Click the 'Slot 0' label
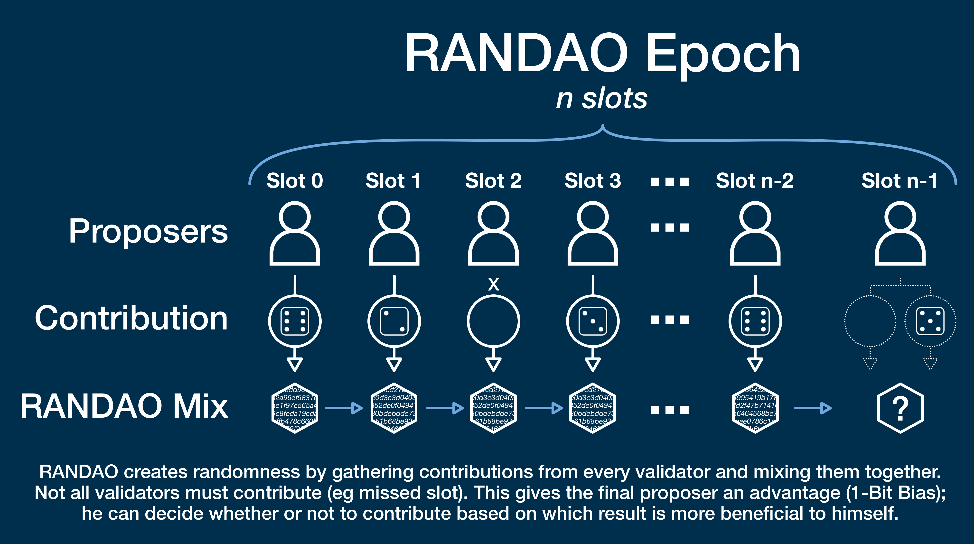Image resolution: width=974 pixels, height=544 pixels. [x=295, y=181]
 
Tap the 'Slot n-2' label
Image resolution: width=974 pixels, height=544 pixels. [x=755, y=181]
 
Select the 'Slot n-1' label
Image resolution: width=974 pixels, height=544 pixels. [x=899, y=181]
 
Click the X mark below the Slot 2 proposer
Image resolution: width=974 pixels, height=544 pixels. [x=493, y=284]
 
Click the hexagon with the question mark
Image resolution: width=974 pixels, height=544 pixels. [x=900, y=408]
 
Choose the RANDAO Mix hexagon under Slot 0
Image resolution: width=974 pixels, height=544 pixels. [x=295, y=408]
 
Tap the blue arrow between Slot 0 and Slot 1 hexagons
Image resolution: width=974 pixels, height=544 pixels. [x=344, y=408]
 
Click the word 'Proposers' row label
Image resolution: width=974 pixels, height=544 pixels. [x=148, y=231]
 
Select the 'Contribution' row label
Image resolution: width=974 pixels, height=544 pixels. [x=131, y=318]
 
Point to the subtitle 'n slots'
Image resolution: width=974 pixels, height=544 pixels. [x=601, y=98]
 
